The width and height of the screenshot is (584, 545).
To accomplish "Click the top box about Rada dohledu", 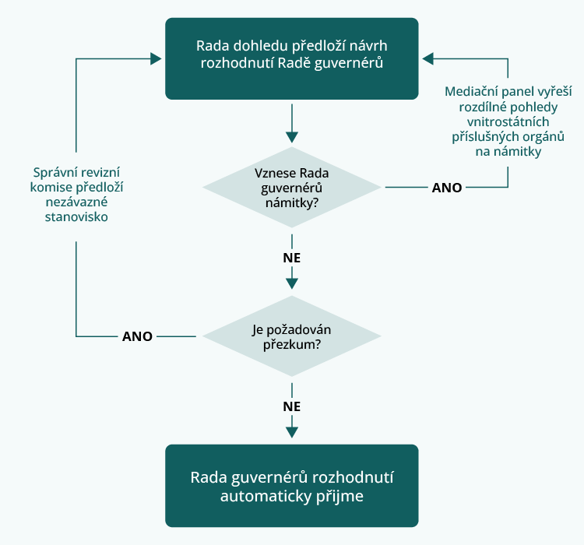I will point(292,58).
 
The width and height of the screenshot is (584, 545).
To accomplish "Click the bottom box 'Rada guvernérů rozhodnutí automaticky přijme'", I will point(292,485).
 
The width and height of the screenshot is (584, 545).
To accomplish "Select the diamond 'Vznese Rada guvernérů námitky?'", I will point(292,188).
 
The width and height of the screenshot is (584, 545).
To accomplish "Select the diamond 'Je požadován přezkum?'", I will point(292,336).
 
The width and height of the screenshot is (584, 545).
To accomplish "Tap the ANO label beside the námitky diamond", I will point(446,188).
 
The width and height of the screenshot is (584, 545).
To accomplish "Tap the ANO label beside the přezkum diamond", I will point(138,336).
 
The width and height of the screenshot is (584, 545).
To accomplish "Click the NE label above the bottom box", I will point(292,406).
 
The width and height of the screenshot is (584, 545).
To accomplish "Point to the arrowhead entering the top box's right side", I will point(427,58).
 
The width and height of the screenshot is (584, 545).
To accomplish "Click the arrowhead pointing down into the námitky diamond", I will point(292,138).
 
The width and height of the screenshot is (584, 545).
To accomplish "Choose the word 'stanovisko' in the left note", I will point(77,217).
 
